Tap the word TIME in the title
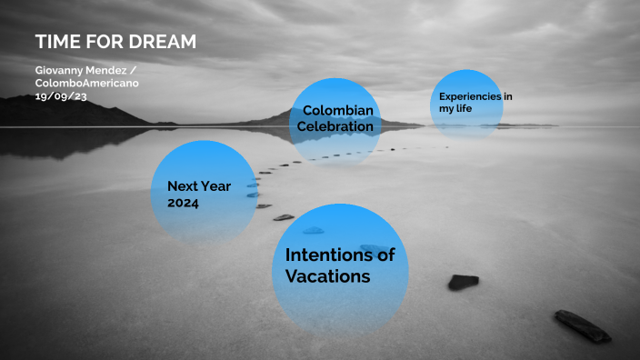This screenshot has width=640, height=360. (55, 43)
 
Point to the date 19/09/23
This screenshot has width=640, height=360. (61, 95)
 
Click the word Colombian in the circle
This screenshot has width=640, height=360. (338, 111)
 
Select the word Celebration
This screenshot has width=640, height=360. (335, 127)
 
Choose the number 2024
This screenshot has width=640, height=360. (183, 203)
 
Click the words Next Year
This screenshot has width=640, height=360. (199, 186)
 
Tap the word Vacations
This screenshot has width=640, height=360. (327, 275)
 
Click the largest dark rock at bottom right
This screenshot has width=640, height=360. (583, 326)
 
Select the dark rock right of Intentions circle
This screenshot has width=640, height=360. (463, 282)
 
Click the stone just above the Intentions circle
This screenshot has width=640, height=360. (312, 230)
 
